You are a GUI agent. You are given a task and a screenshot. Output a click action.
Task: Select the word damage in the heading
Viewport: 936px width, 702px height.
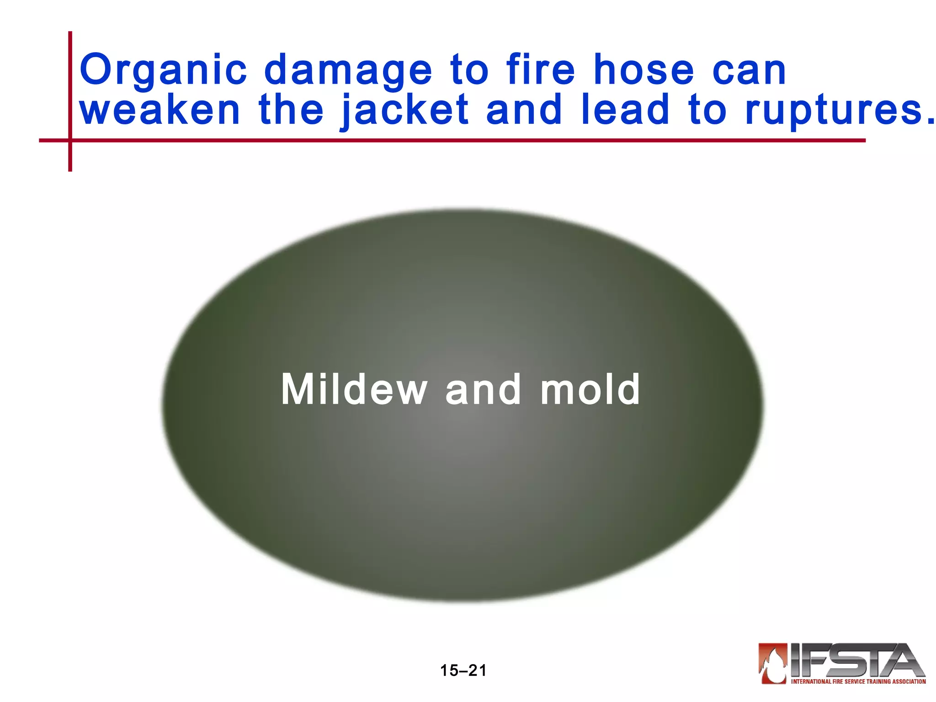(x=348, y=70)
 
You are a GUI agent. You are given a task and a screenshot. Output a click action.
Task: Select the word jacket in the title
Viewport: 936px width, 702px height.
(x=404, y=111)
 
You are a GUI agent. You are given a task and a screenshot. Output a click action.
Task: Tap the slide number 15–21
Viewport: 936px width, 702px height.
(x=463, y=670)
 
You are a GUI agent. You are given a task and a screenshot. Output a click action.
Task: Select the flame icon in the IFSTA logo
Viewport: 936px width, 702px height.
(x=772, y=663)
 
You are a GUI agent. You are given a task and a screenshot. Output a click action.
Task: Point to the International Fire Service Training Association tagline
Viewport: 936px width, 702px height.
(x=858, y=681)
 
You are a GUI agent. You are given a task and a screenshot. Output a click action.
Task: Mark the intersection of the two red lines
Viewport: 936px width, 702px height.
(x=70, y=140)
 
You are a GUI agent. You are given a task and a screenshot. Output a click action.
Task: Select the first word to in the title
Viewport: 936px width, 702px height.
(x=469, y=70)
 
